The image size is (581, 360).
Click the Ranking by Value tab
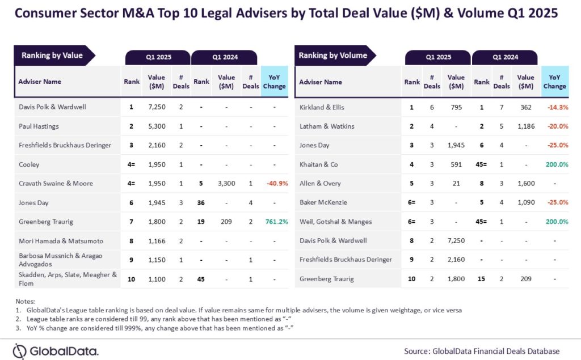(52, 56)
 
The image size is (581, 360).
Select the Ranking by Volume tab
(333, 56)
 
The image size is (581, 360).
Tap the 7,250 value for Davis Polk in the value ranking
(157, 107)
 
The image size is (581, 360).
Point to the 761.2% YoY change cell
(274, 222)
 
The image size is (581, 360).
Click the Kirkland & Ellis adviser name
(322, 107)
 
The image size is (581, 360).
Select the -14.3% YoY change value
(554, 107)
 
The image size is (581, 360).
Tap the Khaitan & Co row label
(318, 164)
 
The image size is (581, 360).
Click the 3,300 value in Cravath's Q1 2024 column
(226, 184)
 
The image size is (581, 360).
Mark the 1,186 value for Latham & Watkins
(525, 126)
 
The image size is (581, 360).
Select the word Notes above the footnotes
(25, 302)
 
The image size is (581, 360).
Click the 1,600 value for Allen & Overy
(525, 183)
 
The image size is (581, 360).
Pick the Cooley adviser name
(29, 164)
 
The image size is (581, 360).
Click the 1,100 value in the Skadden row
(157, 279)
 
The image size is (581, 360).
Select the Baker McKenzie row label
(323, 202)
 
